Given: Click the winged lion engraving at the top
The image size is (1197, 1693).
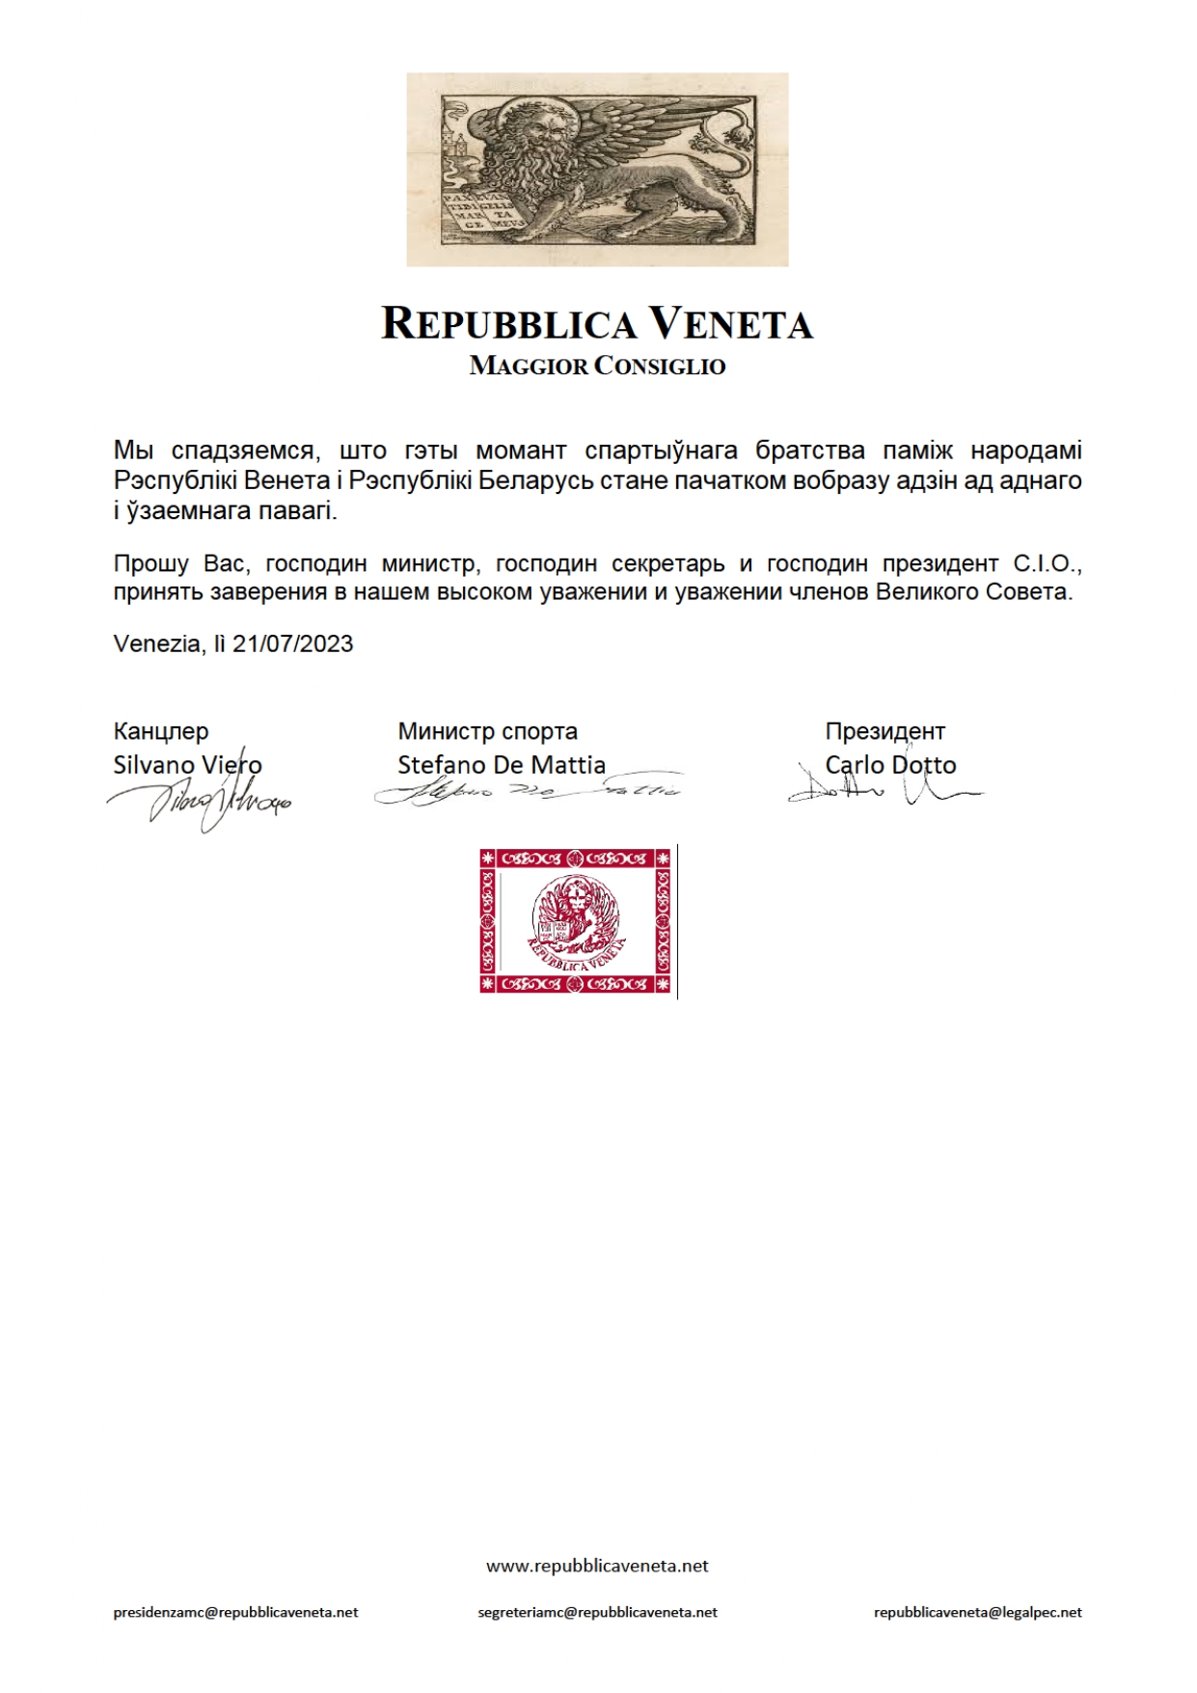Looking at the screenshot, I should tap(597, 170).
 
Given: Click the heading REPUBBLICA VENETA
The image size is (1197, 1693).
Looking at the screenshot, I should tap(597, 324).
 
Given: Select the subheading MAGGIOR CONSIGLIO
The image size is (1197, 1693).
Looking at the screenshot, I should tap(597, 367).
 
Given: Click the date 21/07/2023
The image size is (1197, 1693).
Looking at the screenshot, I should tap(292, 644).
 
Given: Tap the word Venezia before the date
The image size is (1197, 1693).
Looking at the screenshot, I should tap(155, 644).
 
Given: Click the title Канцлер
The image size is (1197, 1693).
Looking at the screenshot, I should tap(161, 731).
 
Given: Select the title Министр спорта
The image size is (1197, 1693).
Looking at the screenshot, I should tap(487, 731).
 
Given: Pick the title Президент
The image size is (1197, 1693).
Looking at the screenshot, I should tap(884, 731).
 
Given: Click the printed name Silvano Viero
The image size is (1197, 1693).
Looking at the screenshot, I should tap(187, 765).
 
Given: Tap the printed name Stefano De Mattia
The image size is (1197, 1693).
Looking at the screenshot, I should tap(502, 765).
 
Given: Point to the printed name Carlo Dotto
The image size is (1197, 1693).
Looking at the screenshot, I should tap(890, 765).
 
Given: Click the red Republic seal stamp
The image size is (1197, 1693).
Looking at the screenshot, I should tap(576, 921).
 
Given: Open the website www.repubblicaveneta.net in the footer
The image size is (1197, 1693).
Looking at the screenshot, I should tap(597, 1566).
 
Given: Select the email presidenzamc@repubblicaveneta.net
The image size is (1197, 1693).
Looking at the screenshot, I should tap(235, 1612).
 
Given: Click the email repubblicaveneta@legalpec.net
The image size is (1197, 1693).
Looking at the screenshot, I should tap(978, 1612).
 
